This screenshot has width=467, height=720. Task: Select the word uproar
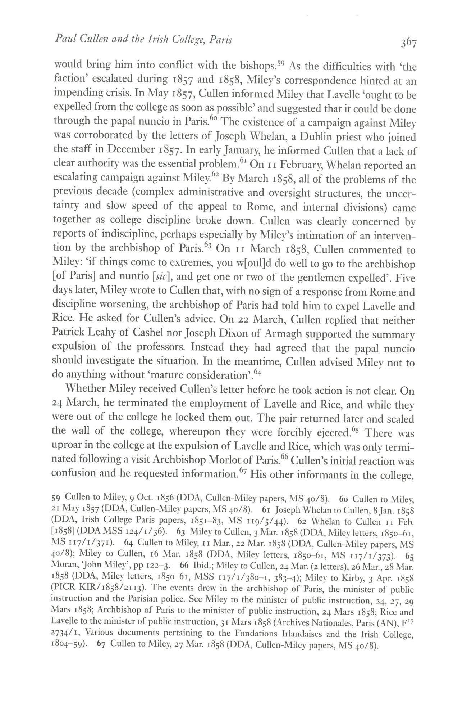(68, 446)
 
